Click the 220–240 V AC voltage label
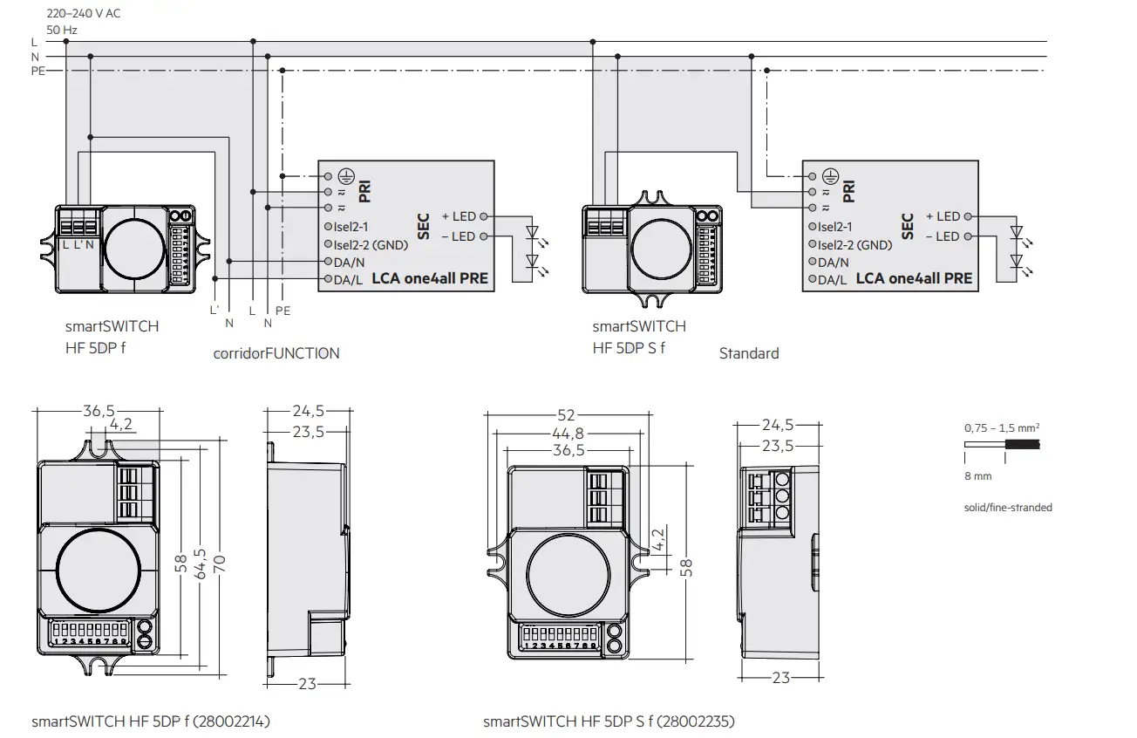84,13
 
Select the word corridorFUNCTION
276,353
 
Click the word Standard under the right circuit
749,353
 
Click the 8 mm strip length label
977,476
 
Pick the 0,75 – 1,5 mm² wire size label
1001,428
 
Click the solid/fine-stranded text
1008,507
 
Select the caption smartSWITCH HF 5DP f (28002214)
151,721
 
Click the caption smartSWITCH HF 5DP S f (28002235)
609,721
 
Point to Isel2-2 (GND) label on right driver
854,244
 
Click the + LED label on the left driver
459,215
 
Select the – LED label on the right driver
942,236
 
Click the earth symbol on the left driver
344,175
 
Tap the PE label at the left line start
37,72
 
